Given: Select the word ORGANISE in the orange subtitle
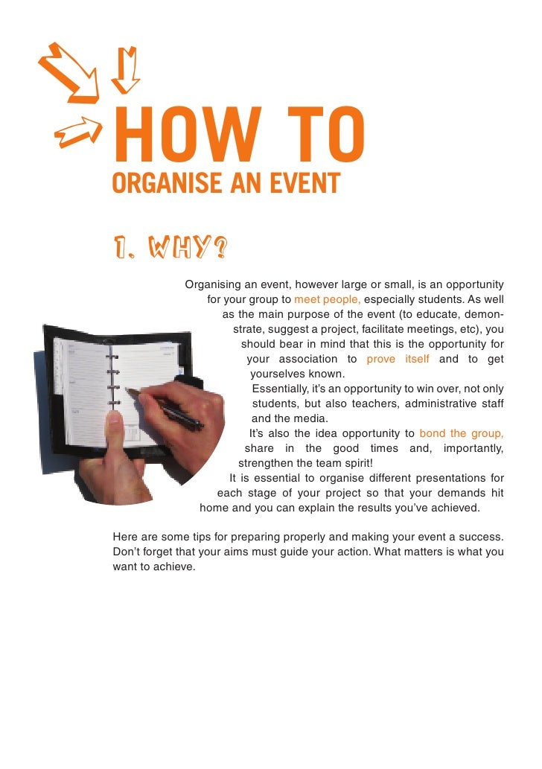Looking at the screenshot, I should click(x=159, y=182).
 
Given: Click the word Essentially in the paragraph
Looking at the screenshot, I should click(x=283, y=389).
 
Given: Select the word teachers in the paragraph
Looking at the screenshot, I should click(x=366, y=404).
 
